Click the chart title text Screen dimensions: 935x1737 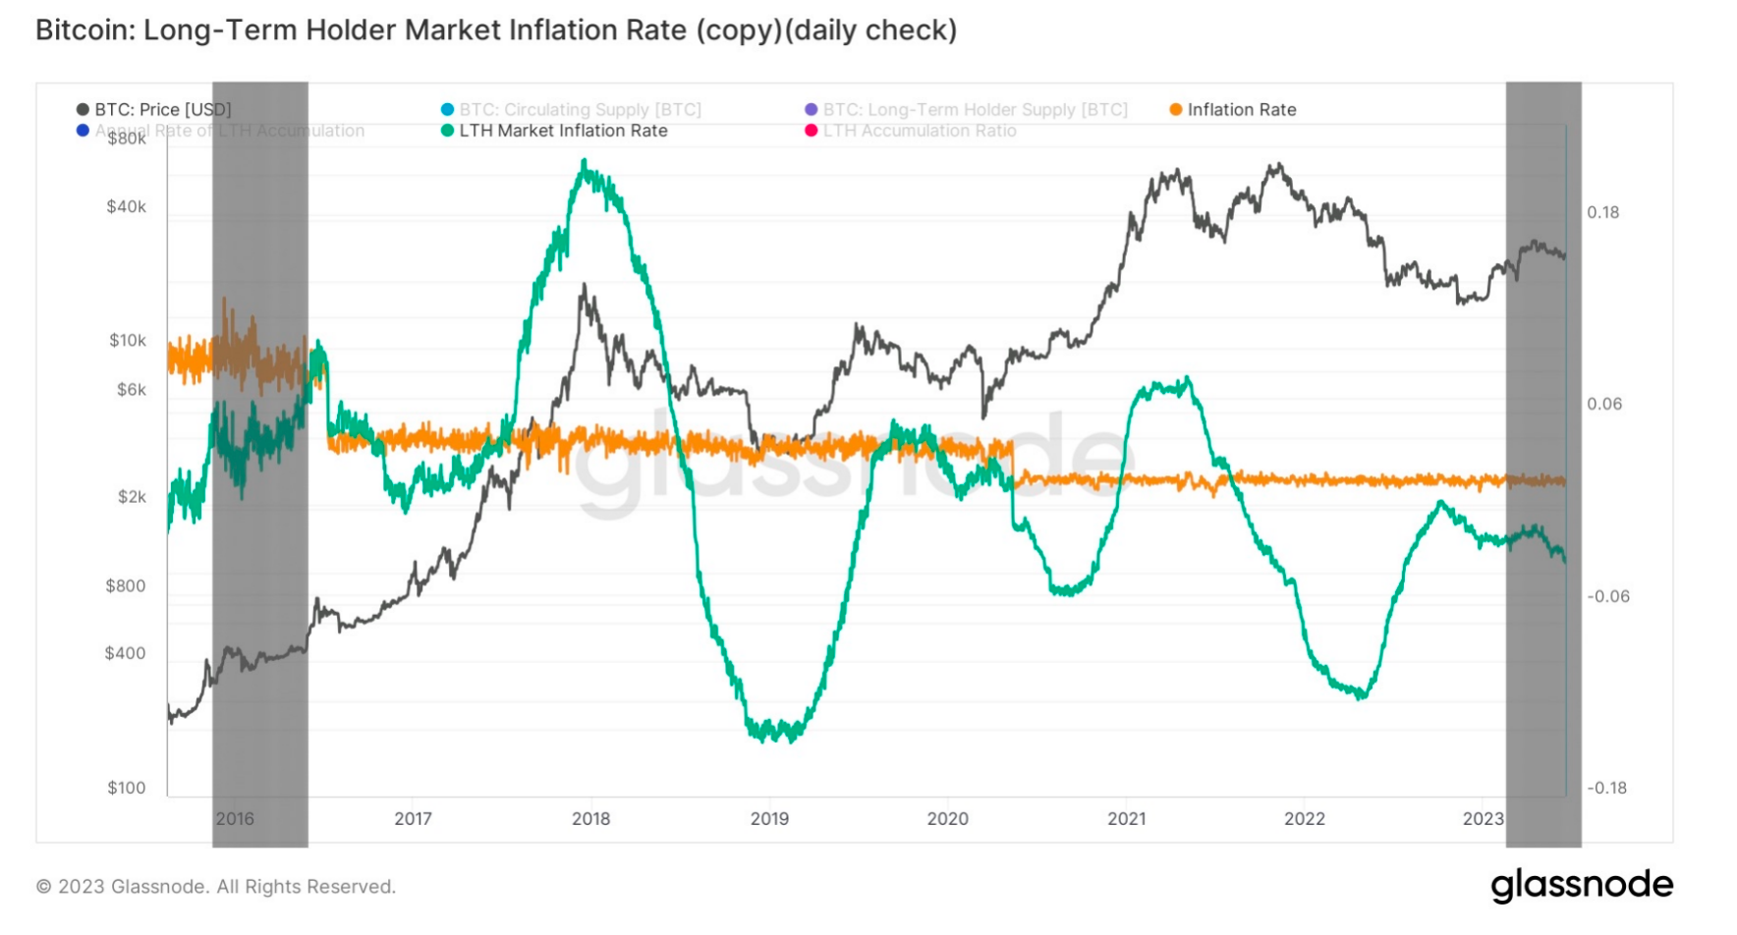point(496,30)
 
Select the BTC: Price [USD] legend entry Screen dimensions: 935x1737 point(162,110)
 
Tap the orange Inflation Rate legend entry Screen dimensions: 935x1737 point(1241,110)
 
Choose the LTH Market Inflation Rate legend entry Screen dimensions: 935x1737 point(562,131)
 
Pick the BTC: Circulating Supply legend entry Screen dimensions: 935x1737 point(580,110)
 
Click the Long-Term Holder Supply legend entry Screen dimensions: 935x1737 point(975,110)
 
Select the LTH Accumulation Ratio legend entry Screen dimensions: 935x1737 point(919,131)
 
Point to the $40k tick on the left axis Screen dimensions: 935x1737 point(127,206)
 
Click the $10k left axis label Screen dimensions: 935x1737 point(128,341)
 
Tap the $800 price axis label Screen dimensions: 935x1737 point(126,586)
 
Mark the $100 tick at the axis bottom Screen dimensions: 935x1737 point(127,788)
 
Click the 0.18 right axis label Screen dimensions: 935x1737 point(1603,212)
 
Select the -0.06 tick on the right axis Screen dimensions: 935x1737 point(1608,596)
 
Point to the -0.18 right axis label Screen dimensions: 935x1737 point(1607,788)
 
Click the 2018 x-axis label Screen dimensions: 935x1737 point(590,819)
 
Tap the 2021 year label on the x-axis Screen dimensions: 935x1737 point(1127,819)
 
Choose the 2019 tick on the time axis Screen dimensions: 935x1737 point(769,819)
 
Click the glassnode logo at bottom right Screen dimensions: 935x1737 point(1582,886)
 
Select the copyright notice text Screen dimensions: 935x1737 point(216,887)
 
